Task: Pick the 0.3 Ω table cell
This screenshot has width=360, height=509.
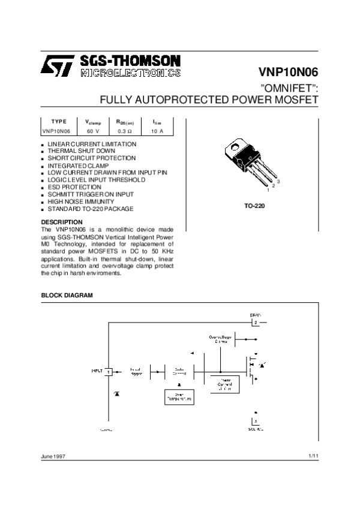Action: (x=125, y=130)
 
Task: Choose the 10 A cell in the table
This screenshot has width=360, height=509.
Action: (x=157, y=130)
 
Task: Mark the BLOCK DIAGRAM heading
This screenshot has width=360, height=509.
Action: (x=67, y=296)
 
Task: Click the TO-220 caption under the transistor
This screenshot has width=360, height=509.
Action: (x=254, y=206)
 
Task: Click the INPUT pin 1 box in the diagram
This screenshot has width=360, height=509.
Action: (x=109, y=372)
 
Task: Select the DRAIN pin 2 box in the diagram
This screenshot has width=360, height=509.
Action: (x=256, y=323)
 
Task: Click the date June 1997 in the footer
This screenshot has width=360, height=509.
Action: (x=53, y=457)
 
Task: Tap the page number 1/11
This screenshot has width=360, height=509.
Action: (x=313, y=457)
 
